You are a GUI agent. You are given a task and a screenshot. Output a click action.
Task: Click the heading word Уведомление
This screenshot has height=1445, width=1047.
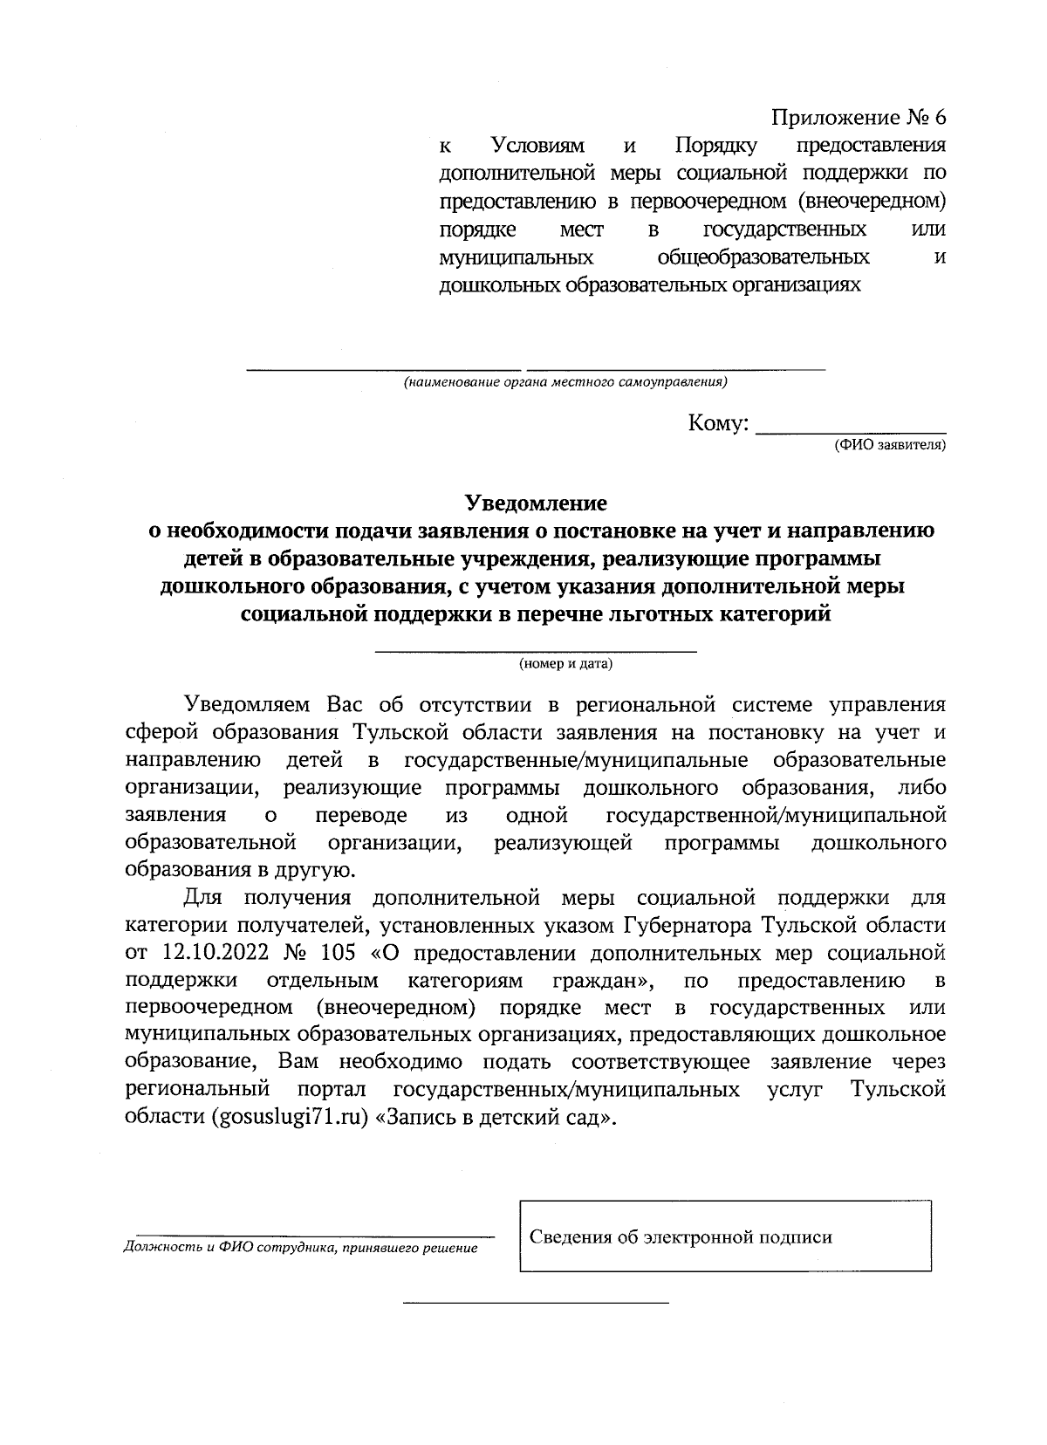[x=535, y=503]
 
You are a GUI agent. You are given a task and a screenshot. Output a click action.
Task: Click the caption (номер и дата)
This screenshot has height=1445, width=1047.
[x=565, y=664]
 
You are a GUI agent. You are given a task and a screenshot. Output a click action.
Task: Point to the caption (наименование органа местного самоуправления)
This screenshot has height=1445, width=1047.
[x=565, y=382]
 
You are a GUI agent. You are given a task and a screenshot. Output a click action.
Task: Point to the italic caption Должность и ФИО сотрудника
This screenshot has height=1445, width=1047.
[x=301, y=1249]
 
